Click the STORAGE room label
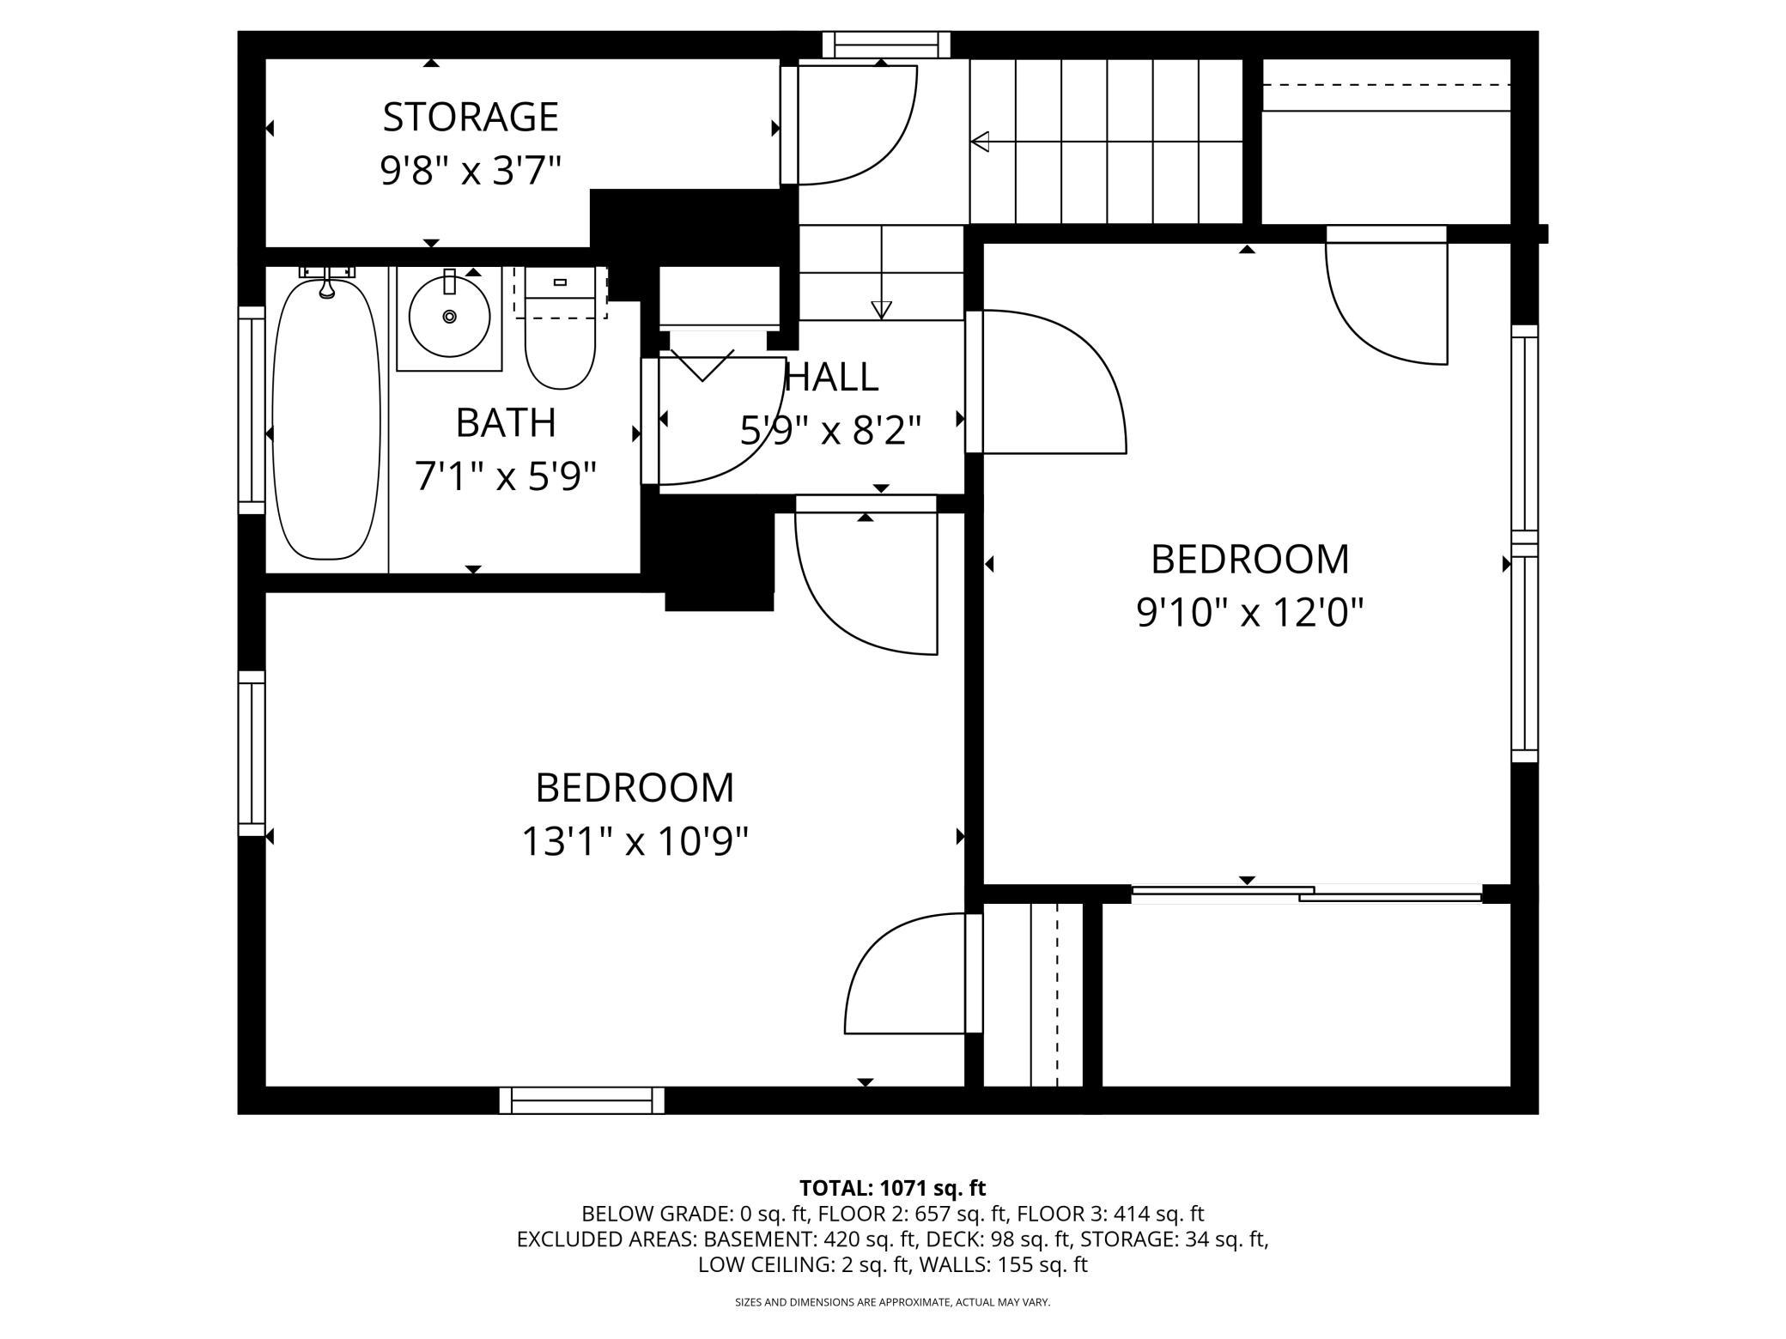pos(471,117)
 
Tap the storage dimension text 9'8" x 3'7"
pos(471,171)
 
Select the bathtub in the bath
pos(326,418)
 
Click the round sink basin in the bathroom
pos(449,317)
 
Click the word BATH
pos(506,422)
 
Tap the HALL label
pos(831,377)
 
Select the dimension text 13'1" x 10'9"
pos(635,841)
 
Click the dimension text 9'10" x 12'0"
pos(1250,613)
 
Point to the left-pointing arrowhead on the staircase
pos(980,142)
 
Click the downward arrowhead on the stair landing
pos(881,310)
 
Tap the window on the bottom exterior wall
pos(582,1100)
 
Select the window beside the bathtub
pos(252,410)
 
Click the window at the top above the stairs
pos(886,45)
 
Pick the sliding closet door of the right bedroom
pos(1307,894)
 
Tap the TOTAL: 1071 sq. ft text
pos(893,1188)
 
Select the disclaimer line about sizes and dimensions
pos(893,1302)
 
